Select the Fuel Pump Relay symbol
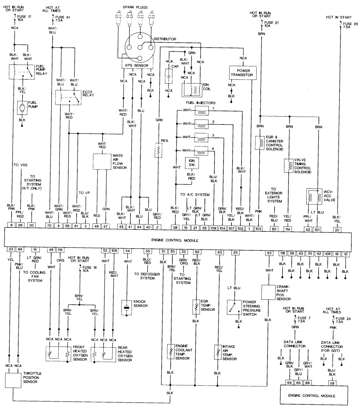click(x=22, y=72)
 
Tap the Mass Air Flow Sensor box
click(x=102, y=162)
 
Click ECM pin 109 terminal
click(x=214, y=227)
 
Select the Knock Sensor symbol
click(x=127, y=308)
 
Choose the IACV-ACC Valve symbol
click(x=313, y=197)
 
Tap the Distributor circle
click(x=139, y=47)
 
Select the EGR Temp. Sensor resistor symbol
click(x=196, y=307)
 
